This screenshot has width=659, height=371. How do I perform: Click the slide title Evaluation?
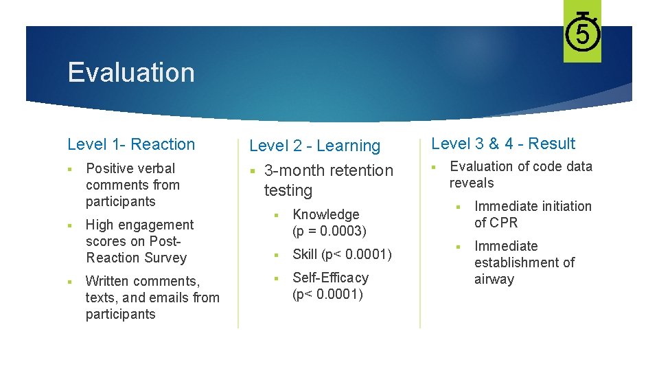tap(131, 72)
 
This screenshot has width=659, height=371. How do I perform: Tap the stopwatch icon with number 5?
tap(582, 32)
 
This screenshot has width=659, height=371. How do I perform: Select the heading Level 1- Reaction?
tap(131, 144)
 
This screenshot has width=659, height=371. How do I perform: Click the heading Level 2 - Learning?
tap(314, 146)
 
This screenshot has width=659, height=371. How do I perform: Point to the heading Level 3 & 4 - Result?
tap(503, 144)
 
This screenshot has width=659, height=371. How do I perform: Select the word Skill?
tap(305, 255)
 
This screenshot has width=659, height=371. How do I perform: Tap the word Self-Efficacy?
tap(330, 278)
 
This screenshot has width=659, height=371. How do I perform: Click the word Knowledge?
tap(325, 214)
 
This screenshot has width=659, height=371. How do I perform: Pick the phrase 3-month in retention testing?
tap(294, 170)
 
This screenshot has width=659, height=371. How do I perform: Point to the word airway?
tap(494, 279)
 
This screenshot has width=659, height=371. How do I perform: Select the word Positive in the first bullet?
tap(111, 168)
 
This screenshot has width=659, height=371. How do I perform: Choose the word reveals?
tap(472, 183)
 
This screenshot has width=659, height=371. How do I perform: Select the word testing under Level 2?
tap(288, 190)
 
